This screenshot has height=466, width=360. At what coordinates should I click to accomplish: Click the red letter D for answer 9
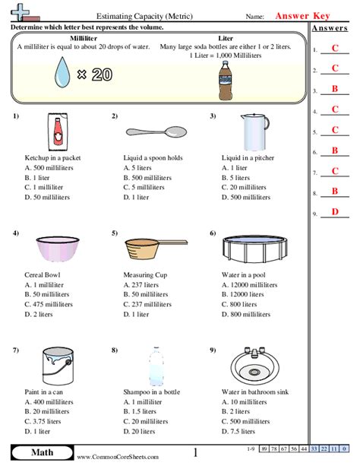[334, 211]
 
